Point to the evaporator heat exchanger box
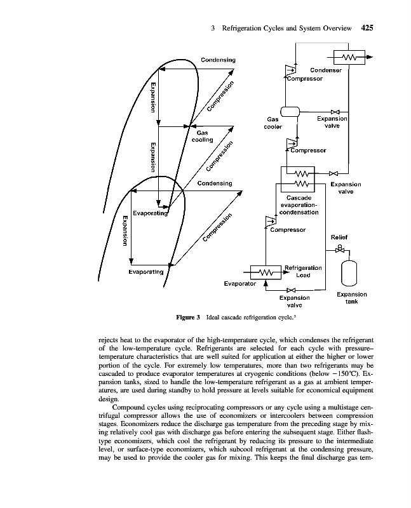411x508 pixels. [x=266, y=272]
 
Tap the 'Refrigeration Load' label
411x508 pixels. [x=303, y=271]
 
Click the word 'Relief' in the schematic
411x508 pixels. [x=340, y=237]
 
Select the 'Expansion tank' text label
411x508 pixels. [x=351, y=298]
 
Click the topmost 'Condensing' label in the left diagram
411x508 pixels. [x=218, y=60]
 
